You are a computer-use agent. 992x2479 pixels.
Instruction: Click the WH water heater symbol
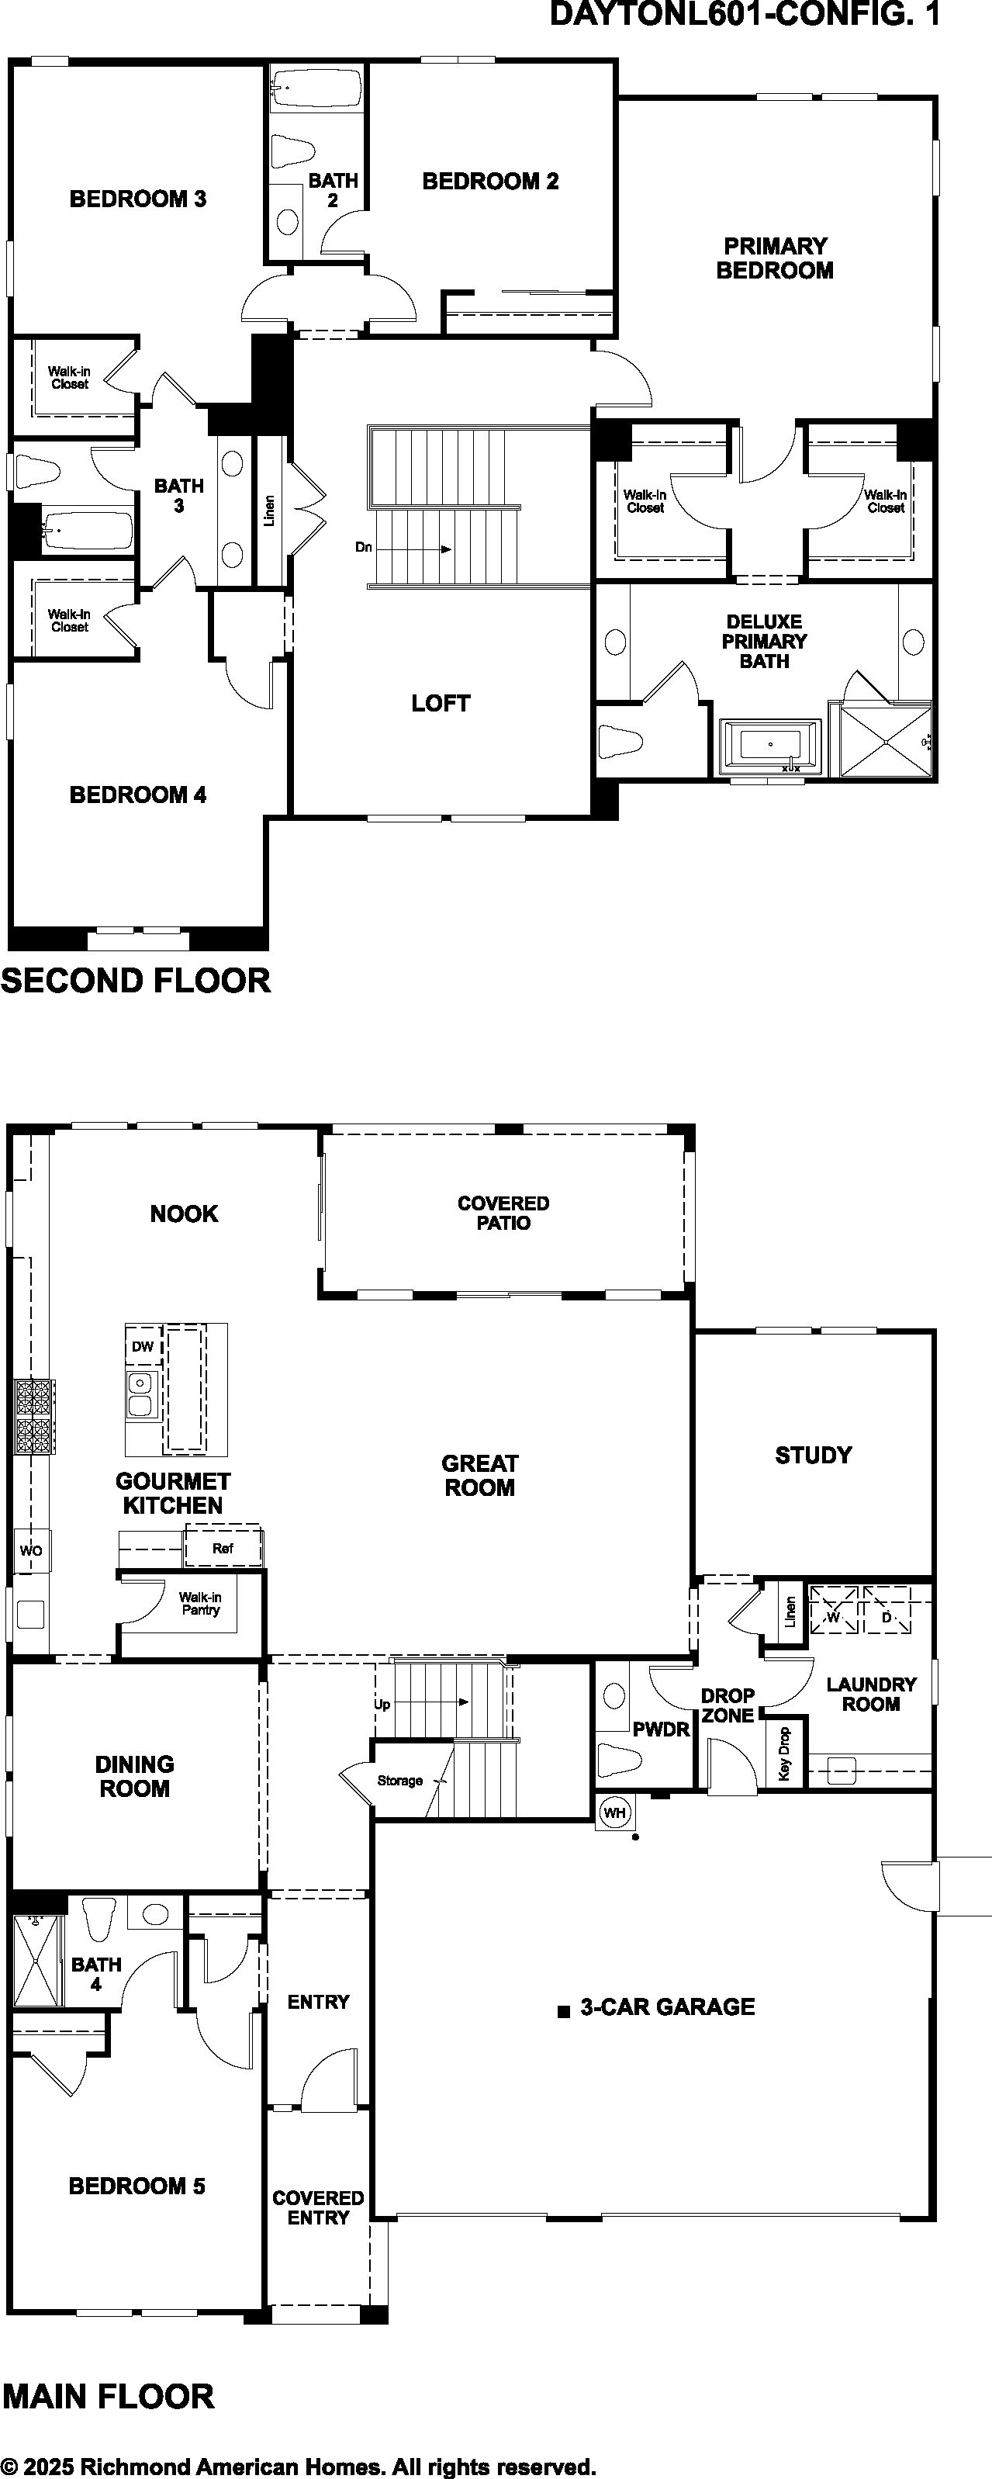[x=614, y=1812]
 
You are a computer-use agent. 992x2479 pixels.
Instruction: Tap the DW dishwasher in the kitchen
[x=143, y=1346]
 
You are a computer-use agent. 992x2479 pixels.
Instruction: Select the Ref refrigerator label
[x=223, y=1549]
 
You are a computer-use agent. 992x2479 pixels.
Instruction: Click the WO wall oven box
[x=31, y=1551]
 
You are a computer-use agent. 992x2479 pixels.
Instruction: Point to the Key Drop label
[x=784, y=1754]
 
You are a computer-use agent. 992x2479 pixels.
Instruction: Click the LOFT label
[x=441, y=704]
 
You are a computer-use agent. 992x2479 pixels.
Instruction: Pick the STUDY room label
[x=813, y=1455]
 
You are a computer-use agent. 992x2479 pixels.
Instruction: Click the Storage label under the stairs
[x=400, y=1781]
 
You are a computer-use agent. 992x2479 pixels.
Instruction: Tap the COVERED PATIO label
[x=503, y=1213]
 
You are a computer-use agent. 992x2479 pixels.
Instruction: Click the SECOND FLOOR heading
[x=136, y=981]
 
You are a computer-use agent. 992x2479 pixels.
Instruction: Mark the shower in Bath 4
[x=37, y=1959]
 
